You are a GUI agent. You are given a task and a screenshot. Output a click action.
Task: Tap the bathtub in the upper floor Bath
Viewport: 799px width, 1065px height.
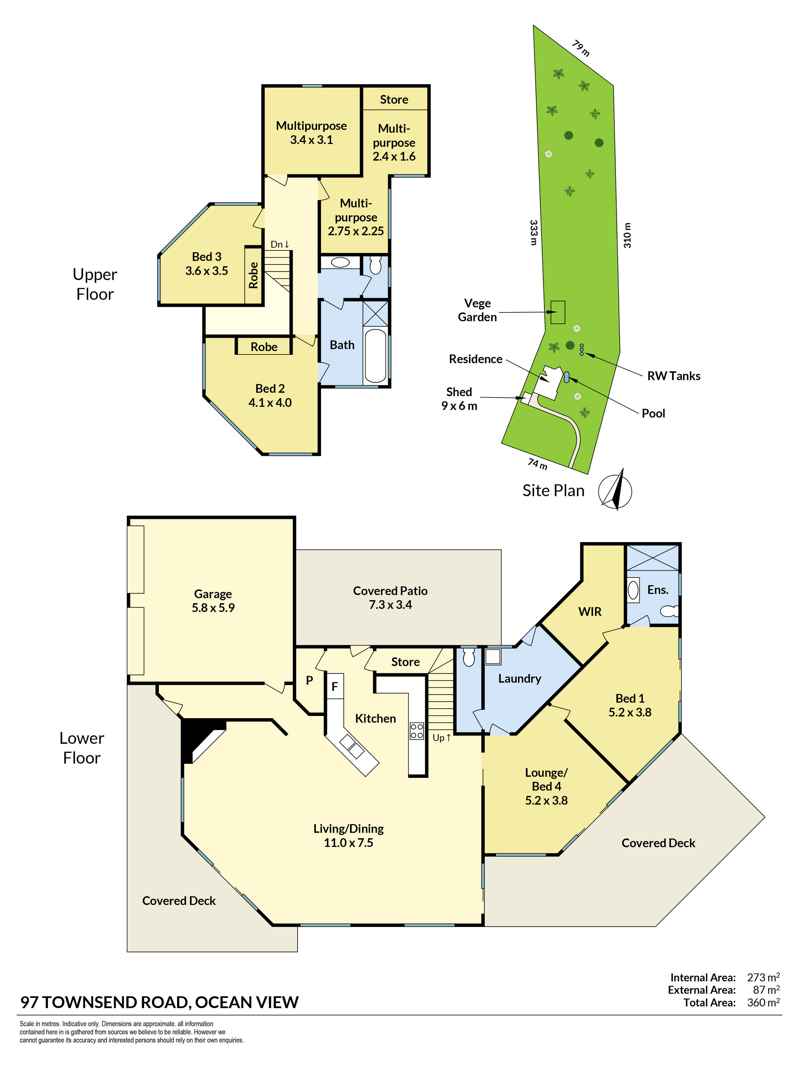coord(375,355)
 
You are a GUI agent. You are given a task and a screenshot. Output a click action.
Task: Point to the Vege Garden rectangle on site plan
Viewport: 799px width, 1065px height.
coord(558,312)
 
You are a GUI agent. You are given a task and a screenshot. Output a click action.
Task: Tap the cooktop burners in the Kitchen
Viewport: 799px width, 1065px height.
coord(417,731)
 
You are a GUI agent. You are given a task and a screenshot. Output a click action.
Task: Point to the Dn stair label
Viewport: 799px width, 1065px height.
coord(280,244)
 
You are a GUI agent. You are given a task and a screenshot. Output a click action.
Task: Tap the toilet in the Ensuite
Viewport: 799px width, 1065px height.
coord(669,611)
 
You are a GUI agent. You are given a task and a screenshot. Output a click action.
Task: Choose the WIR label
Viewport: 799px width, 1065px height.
coord(590,611)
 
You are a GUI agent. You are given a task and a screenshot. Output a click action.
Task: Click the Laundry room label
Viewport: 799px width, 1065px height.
coord(520,678)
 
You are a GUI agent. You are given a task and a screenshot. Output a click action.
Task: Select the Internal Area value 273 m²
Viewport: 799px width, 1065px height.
coord(763,977)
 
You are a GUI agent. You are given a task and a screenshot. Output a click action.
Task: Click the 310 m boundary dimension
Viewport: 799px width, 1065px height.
coord(627,235)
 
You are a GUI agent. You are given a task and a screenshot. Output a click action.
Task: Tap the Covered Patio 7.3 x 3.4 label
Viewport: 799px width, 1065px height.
coord(390,598)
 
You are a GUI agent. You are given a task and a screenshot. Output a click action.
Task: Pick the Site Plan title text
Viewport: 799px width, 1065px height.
coord(553,490)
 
